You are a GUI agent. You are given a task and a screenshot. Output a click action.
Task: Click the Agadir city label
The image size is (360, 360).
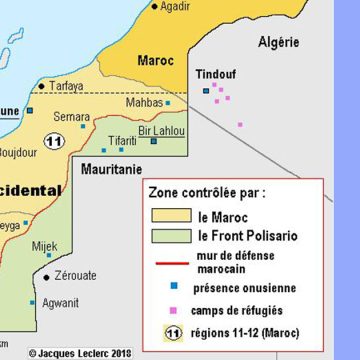175,7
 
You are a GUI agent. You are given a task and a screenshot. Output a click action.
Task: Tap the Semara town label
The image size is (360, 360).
71,117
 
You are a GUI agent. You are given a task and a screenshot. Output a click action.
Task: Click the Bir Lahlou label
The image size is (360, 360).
161,131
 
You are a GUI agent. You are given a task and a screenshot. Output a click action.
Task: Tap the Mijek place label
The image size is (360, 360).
45,245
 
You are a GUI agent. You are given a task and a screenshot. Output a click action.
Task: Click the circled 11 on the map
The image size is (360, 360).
56,141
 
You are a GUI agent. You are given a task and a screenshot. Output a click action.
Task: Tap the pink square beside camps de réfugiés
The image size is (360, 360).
174,309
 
